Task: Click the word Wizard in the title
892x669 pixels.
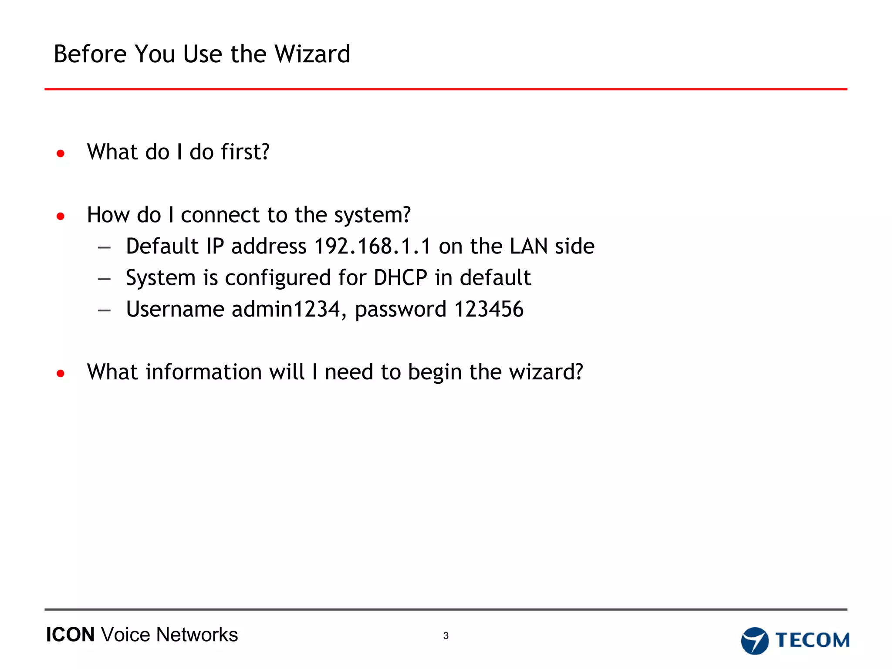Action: tap(312, 54)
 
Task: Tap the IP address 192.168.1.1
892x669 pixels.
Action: tap(372, 247)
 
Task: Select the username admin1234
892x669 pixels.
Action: tap(285, 309)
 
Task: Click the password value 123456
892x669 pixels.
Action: tap(489, 309)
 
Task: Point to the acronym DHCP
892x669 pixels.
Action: tap(400, 278)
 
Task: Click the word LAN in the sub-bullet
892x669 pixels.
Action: tap(529, 247)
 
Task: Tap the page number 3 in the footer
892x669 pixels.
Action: tap(446, 635)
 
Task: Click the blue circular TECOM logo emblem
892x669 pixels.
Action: tap(755, 641)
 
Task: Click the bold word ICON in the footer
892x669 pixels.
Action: tap(70, 635)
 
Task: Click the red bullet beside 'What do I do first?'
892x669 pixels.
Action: tap(61, 153)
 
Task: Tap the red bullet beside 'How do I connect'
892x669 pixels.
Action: tap(61, 216)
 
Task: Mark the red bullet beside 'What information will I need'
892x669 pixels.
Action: tap(61, 373)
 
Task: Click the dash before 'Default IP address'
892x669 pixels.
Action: tap(104, 248)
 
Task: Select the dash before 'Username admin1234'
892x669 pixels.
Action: tap(104, 311)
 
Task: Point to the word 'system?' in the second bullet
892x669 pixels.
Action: tap(372, 215)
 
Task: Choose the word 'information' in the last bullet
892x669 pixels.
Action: tap(203, 372)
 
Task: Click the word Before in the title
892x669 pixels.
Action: tap(90, 54)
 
